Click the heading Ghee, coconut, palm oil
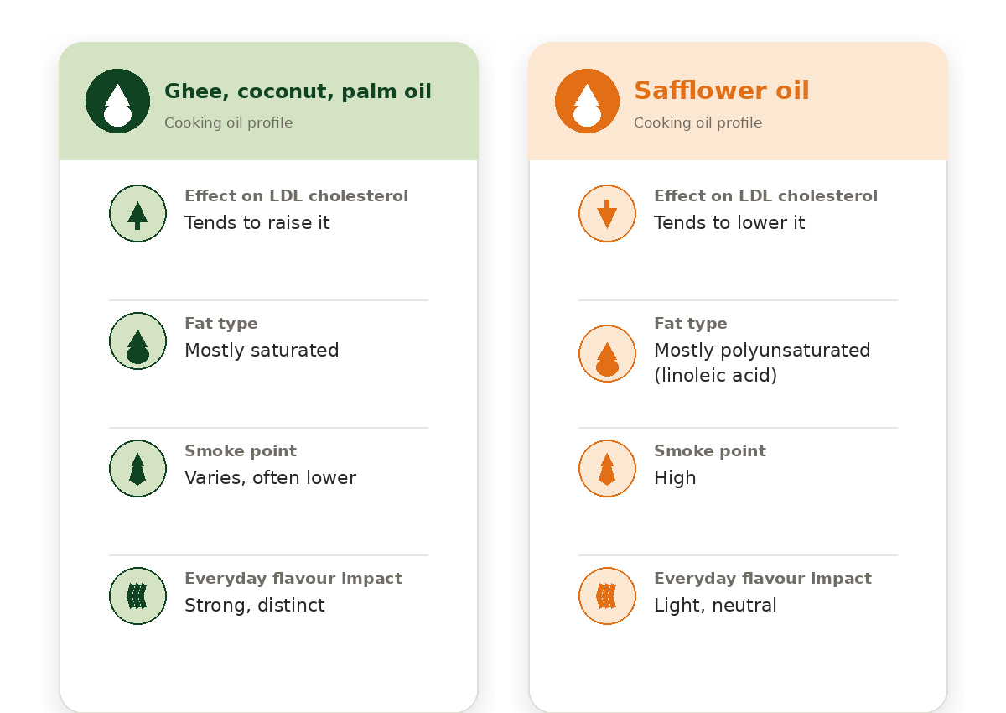(x=298, y=91)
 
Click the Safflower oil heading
(x=721, y=91)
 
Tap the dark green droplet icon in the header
(x=117, y=101)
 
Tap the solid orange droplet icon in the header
(x=587, y=101)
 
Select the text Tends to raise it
(x=257, y=223)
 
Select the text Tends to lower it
(x=729, y=223)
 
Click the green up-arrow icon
(x=137, y=213)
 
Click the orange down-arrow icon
(x=607, y=213)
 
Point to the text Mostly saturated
(x=262, y=351)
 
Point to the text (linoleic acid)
(x=715, y=376)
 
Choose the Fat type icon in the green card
(x=137, y=341)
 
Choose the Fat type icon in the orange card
(x=607, y=354)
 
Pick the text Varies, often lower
(x=270, y=478)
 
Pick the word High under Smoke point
(x=675, y=478)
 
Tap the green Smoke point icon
(x=137, y=469)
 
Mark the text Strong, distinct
(x=255, y=606)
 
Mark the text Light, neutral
(x=715, y=606)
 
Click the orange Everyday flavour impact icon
(x=607, y=596)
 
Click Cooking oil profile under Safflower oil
(x=697, y=122)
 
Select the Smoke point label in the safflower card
(x=710, y=450)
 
